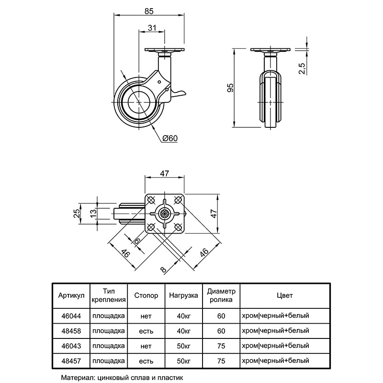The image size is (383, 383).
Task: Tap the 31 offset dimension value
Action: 152,28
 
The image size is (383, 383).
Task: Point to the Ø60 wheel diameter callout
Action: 170,138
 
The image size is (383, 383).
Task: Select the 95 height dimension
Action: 230,87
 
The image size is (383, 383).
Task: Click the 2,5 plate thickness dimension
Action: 302,68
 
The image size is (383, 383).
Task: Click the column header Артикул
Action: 71,296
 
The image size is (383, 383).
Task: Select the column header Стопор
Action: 146,296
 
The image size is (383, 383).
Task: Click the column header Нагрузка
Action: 183,296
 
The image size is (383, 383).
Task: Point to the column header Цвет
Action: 284,296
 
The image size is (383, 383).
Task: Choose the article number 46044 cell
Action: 71,315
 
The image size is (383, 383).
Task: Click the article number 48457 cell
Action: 71,360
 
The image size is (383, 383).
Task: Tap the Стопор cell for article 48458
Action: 146,330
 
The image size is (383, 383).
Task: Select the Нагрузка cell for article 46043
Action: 183,345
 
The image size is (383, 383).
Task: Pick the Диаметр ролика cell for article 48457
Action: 221,360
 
